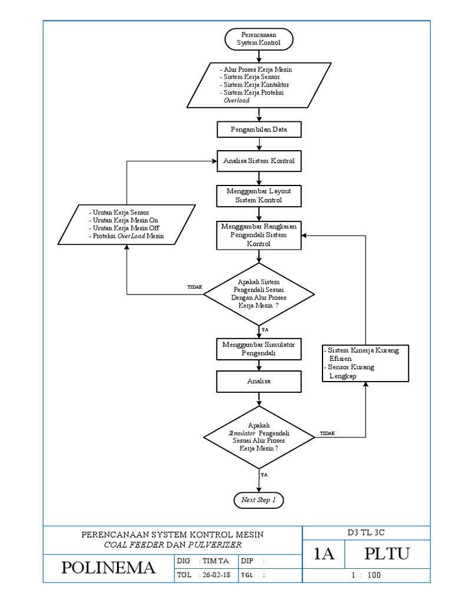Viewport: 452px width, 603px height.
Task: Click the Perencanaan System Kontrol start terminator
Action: click(259, 39)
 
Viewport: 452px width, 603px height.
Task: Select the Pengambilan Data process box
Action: click(259, 128)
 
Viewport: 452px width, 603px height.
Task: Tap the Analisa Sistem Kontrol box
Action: click(259, 160)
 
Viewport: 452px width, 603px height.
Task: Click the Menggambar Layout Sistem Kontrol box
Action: click(259, 196)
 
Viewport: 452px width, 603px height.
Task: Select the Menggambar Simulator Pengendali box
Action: click(259, 348)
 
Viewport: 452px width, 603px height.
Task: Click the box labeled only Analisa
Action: click(259, 382)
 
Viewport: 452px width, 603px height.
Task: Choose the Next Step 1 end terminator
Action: click(259, 500)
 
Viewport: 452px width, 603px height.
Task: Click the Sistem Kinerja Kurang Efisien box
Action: click(365, 363)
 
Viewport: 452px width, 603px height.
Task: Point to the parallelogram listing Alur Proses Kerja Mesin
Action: click(259, 85)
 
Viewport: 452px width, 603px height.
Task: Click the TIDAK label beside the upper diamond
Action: click(194, 286)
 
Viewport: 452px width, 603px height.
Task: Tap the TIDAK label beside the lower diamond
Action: click(327, 433)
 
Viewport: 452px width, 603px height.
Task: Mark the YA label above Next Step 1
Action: click(264, 473)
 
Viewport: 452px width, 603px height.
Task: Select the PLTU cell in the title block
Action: click(387, 554)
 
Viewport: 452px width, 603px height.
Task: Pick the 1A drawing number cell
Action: click(324, 554)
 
